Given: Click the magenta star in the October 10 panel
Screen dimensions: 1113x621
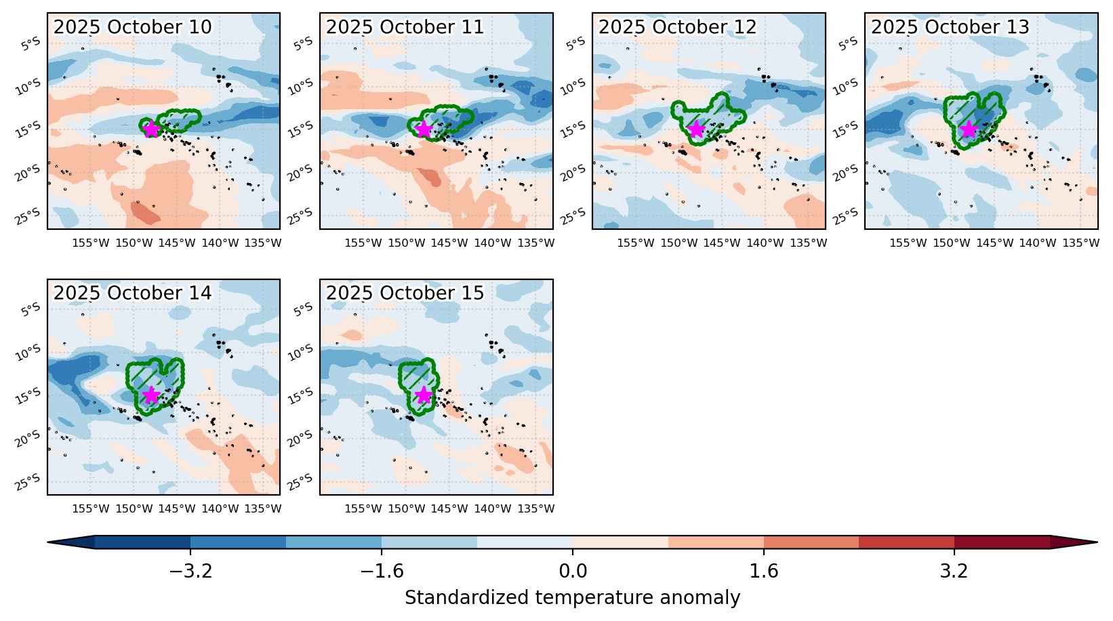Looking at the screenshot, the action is tap(151, 129).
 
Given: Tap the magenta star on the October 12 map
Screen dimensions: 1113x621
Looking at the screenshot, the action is tap(696, 129).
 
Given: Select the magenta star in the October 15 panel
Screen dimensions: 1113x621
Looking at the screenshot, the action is tap(424, 395).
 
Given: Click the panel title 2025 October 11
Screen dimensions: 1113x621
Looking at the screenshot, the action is tap(405, 27).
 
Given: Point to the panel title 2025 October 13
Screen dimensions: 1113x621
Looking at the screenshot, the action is tap(950, 27).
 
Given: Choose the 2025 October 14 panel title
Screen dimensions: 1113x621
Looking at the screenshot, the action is tap(133, 293).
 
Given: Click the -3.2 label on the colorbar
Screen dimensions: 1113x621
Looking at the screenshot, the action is tap(190, 572).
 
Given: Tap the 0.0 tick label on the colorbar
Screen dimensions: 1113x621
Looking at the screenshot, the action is tap(572, 572).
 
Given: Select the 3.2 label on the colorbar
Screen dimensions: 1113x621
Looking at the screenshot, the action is tap(954, 572).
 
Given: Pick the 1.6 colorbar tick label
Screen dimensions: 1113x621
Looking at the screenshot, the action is tap(764, 572).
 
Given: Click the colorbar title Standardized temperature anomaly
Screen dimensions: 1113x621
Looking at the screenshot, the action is tap(572, 598).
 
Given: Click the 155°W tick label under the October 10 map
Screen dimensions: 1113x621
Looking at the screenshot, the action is tap(90, 243).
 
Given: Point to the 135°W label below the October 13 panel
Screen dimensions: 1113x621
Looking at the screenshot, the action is tap(1080, 243).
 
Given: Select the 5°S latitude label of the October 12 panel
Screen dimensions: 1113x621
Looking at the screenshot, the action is tap(576, 43).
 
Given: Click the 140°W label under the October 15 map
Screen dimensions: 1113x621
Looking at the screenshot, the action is tap(492, 508).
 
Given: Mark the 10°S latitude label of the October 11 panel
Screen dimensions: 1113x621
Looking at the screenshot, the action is tap(300, 87).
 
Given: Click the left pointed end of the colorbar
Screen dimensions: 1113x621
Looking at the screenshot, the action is tap(48, 542).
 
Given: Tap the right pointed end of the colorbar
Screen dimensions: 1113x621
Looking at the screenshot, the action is tap(1097, 542).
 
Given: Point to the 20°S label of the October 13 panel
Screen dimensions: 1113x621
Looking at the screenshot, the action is tap(845, 173).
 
